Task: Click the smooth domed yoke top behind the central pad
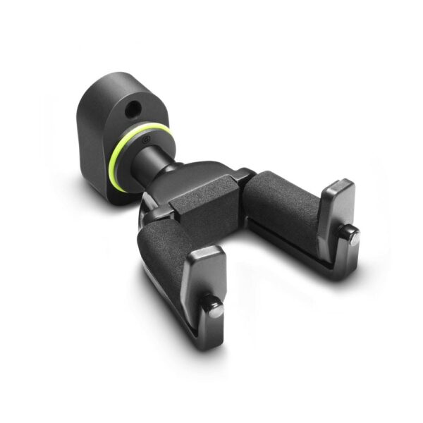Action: (197, 173)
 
